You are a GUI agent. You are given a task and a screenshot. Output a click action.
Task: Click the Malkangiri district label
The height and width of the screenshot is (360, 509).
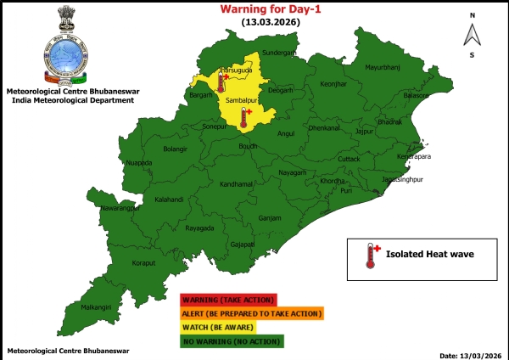tap(96, 307)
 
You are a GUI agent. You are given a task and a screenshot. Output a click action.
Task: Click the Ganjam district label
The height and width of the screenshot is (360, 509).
tap(270, 217)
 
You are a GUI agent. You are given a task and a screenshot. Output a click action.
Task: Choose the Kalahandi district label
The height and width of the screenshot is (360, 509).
tap(170, 200)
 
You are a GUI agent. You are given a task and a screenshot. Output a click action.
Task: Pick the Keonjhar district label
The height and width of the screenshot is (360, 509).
tap(334, 84)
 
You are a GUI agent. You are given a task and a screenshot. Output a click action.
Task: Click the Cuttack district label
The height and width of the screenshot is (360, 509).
tap(349, 159)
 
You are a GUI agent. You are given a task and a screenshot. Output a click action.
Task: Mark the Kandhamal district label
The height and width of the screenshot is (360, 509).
tap(236, 183)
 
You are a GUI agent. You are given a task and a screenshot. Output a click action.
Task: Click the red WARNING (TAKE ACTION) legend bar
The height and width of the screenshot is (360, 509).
tap(228, 300)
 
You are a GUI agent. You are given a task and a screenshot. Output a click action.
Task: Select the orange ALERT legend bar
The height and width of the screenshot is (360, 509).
tap(252, 313)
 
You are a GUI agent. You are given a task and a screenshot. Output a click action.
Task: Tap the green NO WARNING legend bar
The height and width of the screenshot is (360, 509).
tap(232, 341)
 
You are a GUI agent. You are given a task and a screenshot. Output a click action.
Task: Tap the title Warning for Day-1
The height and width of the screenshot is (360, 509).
tap(264, 8)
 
